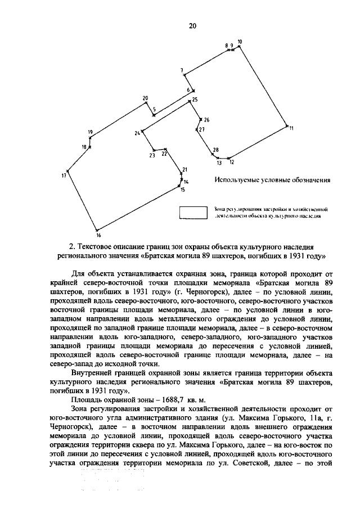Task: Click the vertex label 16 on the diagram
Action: click(97, 235)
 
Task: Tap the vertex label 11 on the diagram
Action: click(291, 128)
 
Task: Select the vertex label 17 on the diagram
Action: click(64, 176)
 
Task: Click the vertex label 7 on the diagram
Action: click(182, 70)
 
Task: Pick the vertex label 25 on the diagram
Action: click(195, 100)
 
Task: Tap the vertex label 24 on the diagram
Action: click(137, 133)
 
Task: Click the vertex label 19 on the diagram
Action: click(90, 132)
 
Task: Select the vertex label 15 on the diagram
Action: click(182, 190)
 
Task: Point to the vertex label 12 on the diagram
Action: click(231, 163)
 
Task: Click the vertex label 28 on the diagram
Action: click(215, 150)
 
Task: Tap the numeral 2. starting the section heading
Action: click(71, 246)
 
